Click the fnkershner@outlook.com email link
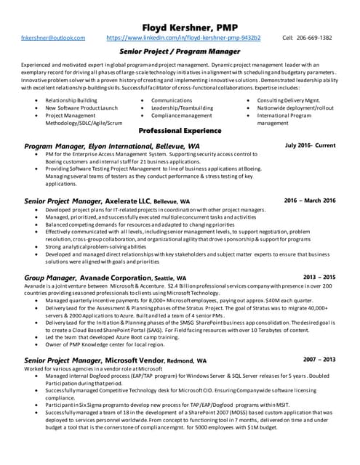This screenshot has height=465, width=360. coord(53,37)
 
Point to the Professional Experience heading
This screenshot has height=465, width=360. coord(180,131)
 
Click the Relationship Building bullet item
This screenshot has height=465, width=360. coord(71,100)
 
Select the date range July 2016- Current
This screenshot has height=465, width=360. coord(311,145)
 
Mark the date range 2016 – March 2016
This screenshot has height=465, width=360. coord(310,201)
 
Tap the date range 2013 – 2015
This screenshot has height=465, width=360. coord(319,277)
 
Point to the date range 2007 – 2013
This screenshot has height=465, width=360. coord(319,360)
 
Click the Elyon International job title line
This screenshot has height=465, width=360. coord(112,146)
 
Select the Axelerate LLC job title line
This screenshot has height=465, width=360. coord(107,201)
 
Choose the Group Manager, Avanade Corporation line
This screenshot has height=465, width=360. coord(105,278)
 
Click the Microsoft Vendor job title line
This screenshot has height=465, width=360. coord(115,360)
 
